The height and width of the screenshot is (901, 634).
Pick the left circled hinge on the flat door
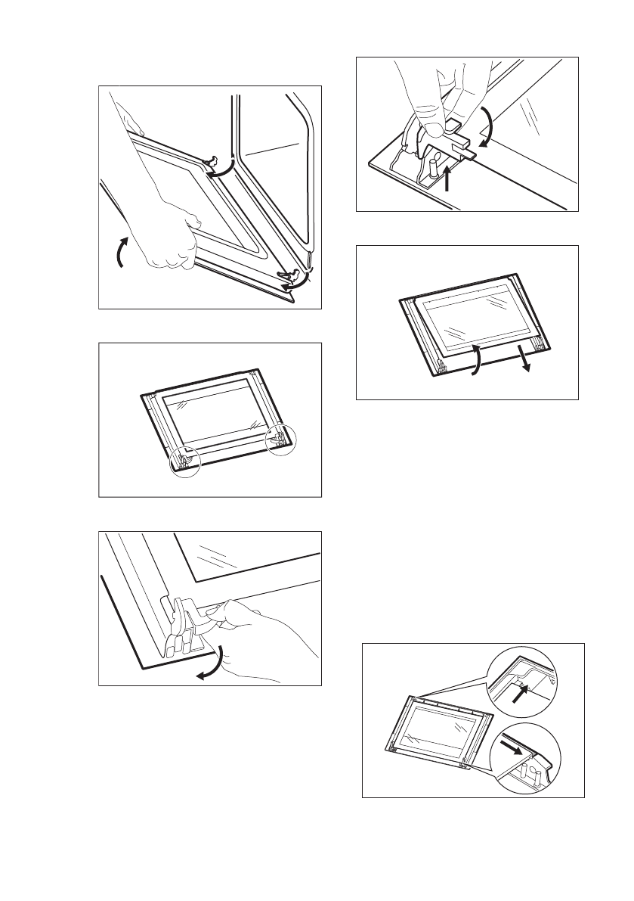click(185, 462)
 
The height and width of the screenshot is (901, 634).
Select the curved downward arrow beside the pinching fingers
click(488, 126)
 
